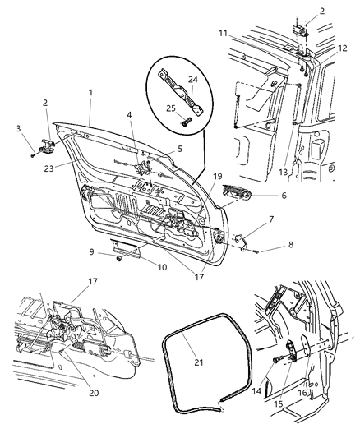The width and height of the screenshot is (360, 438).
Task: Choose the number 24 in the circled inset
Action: point(193,79)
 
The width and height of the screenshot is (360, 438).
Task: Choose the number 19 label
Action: point(195,175)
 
